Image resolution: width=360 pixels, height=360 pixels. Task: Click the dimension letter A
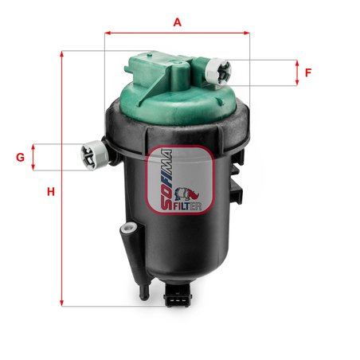point(178,22)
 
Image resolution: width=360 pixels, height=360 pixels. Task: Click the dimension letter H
point(51,191)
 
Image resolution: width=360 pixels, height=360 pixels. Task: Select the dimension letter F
point(308,72)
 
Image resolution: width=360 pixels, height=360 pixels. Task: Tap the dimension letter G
point(21,158)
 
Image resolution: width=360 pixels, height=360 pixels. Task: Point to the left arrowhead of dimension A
point(108,33)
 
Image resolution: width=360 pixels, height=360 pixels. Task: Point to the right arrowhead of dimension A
point(247,33)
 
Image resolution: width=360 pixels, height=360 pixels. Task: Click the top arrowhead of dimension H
point(62,53)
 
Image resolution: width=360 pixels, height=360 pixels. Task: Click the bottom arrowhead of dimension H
point(62,303)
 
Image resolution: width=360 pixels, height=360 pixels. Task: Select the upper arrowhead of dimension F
point(297,63)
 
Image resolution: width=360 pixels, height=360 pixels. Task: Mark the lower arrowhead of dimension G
point(33,167)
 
